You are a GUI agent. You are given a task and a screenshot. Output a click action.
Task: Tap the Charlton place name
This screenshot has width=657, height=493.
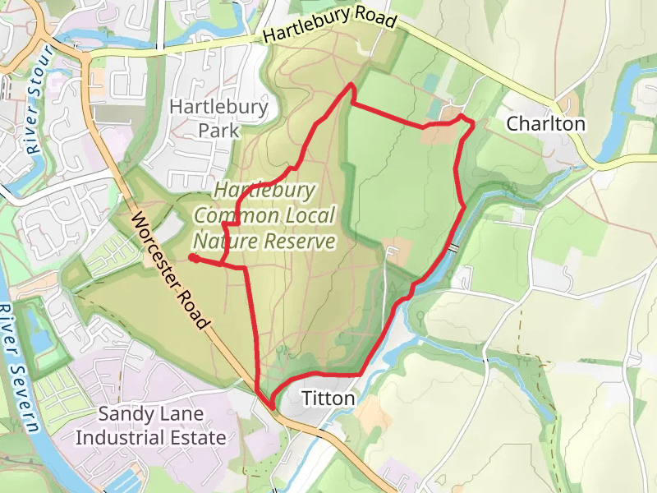coord(545,124)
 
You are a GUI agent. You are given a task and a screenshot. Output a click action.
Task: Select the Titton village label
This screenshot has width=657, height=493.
coord(328,399)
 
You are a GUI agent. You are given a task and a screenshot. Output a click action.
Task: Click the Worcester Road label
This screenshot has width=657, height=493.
coord(168,270)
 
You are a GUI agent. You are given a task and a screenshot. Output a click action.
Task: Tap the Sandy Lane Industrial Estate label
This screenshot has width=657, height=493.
coord(150,426)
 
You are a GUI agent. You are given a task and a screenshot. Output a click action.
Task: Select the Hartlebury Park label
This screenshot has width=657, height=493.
coord(218,118)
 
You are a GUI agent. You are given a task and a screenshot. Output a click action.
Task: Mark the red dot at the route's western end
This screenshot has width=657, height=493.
coord(192,258)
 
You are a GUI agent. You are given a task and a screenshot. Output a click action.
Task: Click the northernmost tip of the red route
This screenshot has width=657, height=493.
coord(352,85)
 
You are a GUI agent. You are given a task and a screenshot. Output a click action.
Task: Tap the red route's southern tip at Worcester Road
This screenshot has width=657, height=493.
coord(271,405)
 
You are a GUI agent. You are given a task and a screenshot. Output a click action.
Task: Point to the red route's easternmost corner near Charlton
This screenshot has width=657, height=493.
coord(474,124)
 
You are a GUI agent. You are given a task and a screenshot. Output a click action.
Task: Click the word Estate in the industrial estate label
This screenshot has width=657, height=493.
coord(196,437)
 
